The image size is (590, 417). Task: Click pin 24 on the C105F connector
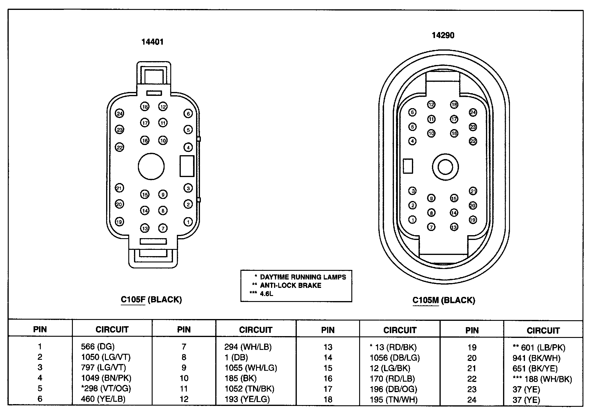pyautogui.click(x=120, y=114)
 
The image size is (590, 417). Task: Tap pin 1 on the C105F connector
pyautogui.click(x=188, y=222)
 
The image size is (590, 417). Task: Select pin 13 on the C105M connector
pyautogui.click(x=454, y=227)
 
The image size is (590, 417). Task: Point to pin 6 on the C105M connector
pyautogui.click(x=413, y=112)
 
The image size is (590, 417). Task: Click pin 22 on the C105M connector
pyautogui.click(x=473, y=141)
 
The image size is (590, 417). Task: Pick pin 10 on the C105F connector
pyautogui.click(x=163, y=140)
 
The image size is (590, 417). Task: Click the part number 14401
pyautogui.click(x=153, y=42)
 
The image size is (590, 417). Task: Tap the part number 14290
pyautogui.click(x=443, y=35)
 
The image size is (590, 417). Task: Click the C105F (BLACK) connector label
pyautogui.click(x=151, y=300)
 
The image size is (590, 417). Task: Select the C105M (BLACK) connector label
pyautogui.click(x=444, y=300)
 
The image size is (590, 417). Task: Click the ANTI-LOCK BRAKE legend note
pyautogui.click(x=290, y=285)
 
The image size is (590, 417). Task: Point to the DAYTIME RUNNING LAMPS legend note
pyautogui.click(x=303, y=277)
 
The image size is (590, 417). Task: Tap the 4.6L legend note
pyautogui.click(x=266, y=294)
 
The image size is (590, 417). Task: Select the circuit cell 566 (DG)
pyautogui.click(x=98, y=347)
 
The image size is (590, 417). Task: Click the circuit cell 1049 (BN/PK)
pyautogui.click(x=106, y=378)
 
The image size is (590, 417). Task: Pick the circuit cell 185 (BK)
pyautogui.click(x=240, y=378)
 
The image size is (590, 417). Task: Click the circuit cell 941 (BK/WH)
pyautogui.click(x=536, y=358)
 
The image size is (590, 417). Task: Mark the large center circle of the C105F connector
pyautogui.click(x=151, y=166)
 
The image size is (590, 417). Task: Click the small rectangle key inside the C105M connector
pyautogui.click(x=408, y=166)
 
